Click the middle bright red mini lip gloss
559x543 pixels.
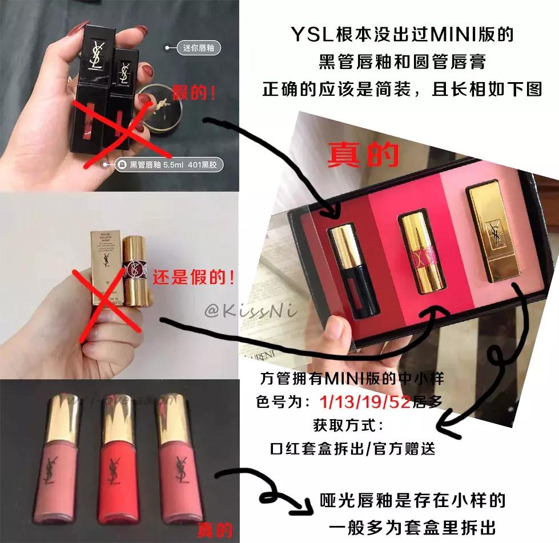[119, 465]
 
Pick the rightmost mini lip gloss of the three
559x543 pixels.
[174, 465]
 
